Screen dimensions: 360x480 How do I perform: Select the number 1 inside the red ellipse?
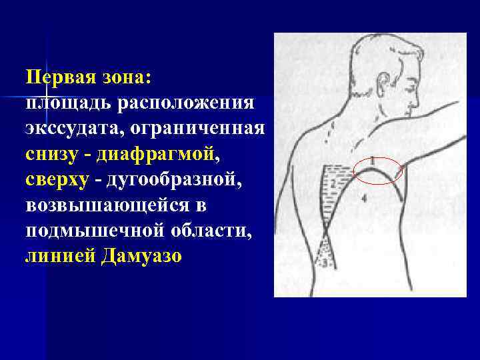tap(371, 161)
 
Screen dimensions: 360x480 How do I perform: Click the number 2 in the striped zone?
tap(332, 183)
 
